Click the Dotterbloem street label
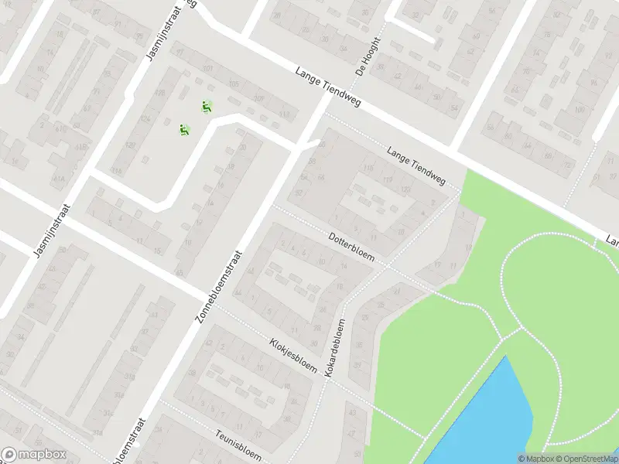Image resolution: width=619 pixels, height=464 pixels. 351,247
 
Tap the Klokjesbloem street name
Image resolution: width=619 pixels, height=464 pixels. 293,355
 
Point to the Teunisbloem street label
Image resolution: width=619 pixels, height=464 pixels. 240,444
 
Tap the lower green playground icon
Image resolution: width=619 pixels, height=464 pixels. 184,130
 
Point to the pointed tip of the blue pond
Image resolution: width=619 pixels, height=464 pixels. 507,357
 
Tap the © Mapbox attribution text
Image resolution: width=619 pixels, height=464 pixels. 537,459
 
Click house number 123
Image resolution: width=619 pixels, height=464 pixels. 407,189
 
